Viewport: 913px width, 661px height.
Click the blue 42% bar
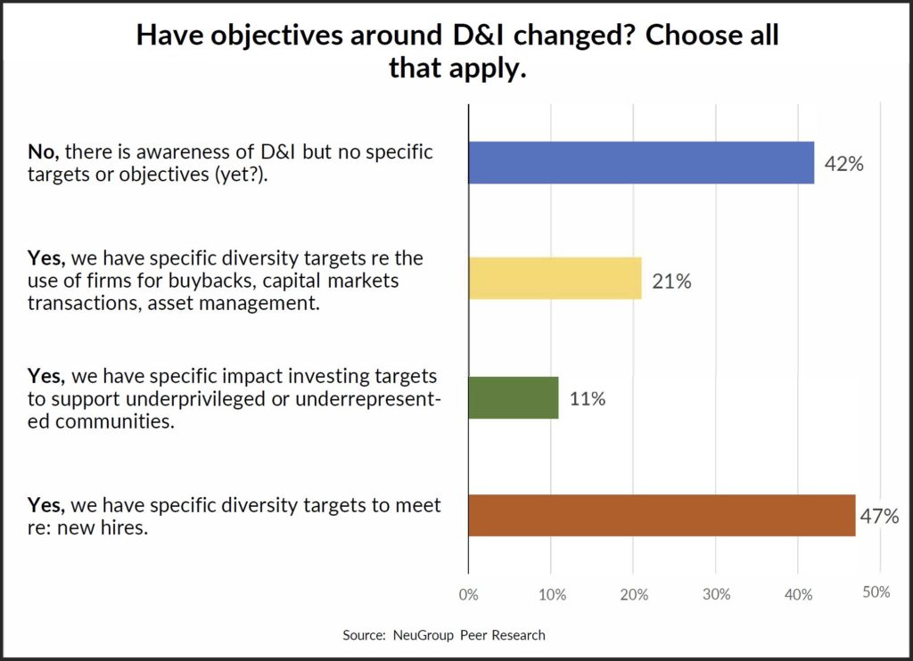click(641, 162)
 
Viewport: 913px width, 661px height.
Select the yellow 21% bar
click(555, 278)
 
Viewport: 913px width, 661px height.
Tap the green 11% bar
click(514, 397)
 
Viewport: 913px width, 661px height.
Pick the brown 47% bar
click(662, 515)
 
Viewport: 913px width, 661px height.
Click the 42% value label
click(843, 164)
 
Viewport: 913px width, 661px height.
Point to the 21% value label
click(670, 282)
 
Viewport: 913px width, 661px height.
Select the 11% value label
click(588, 399)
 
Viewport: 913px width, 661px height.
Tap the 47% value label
click(879, 517)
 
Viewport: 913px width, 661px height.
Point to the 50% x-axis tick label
click(876, 592)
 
